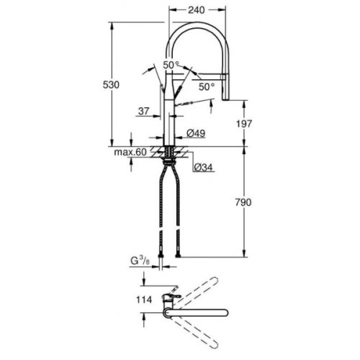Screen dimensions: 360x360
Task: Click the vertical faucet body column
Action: (x=171, y=115)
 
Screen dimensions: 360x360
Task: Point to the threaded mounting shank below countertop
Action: (x=171, y=154)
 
